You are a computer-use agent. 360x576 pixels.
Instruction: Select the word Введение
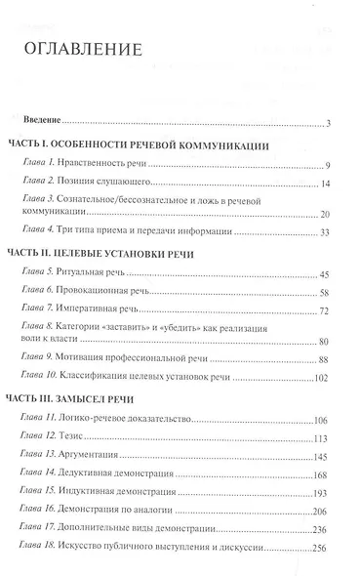tap(45, 122)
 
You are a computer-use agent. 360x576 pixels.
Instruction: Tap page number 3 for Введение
tap(330, 122)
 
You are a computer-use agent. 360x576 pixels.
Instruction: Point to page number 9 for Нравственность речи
tap(330, 165)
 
